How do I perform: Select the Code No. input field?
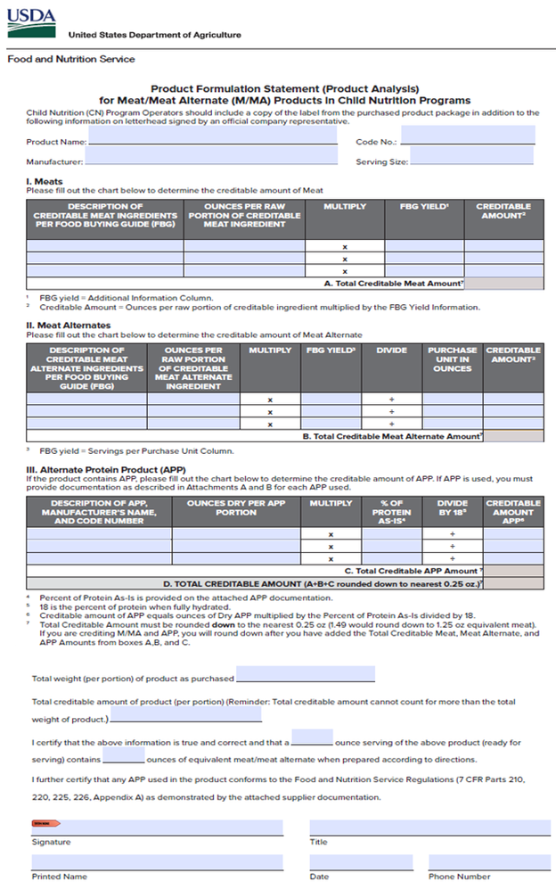(x=468, y=136)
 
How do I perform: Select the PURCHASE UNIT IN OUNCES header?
(x=452, y=359)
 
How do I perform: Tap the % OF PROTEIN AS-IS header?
(x=391, y=513)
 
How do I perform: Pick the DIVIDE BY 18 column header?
(x=452, y=508)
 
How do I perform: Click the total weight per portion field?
(x=305, y=675)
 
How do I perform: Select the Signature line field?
(x=158, y=828)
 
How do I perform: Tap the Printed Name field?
(x=158, y=862)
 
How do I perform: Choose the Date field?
(x=361, y=862)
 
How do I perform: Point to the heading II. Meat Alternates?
(x=69, y=326)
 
